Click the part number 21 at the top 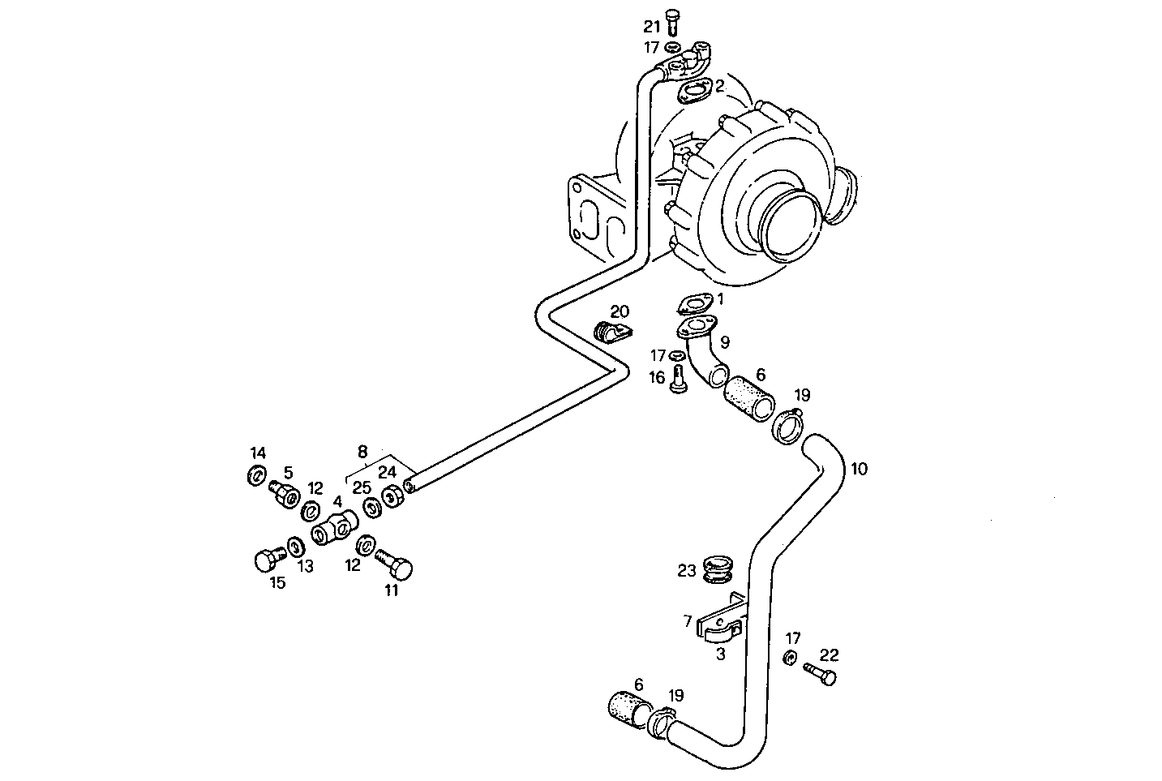click(653, 27)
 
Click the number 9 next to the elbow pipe click(724, 342)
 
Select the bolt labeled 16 click(679, 378)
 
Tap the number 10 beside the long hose click(859, 469)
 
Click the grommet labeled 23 click(717, 569)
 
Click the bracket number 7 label click(688, 621)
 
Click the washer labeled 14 click(256, 475)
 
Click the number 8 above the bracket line click(362, 452)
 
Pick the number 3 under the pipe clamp click(720, 654)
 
